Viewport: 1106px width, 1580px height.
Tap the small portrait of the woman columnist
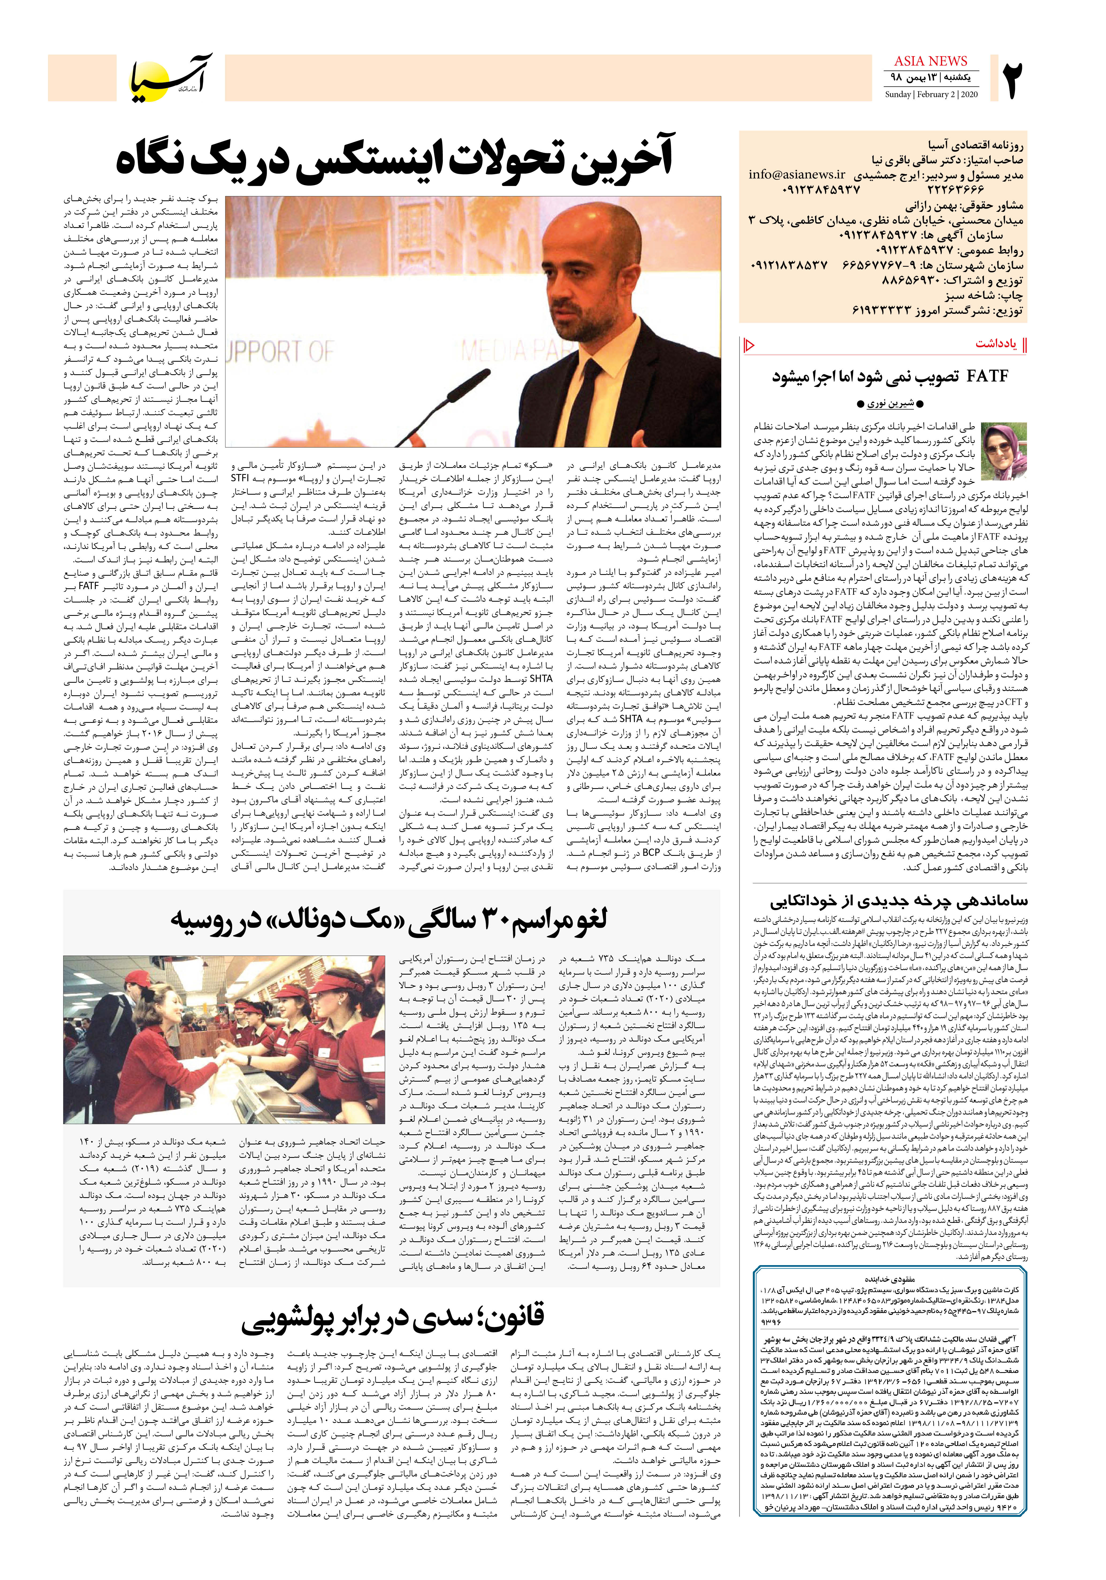pos(1004,451)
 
